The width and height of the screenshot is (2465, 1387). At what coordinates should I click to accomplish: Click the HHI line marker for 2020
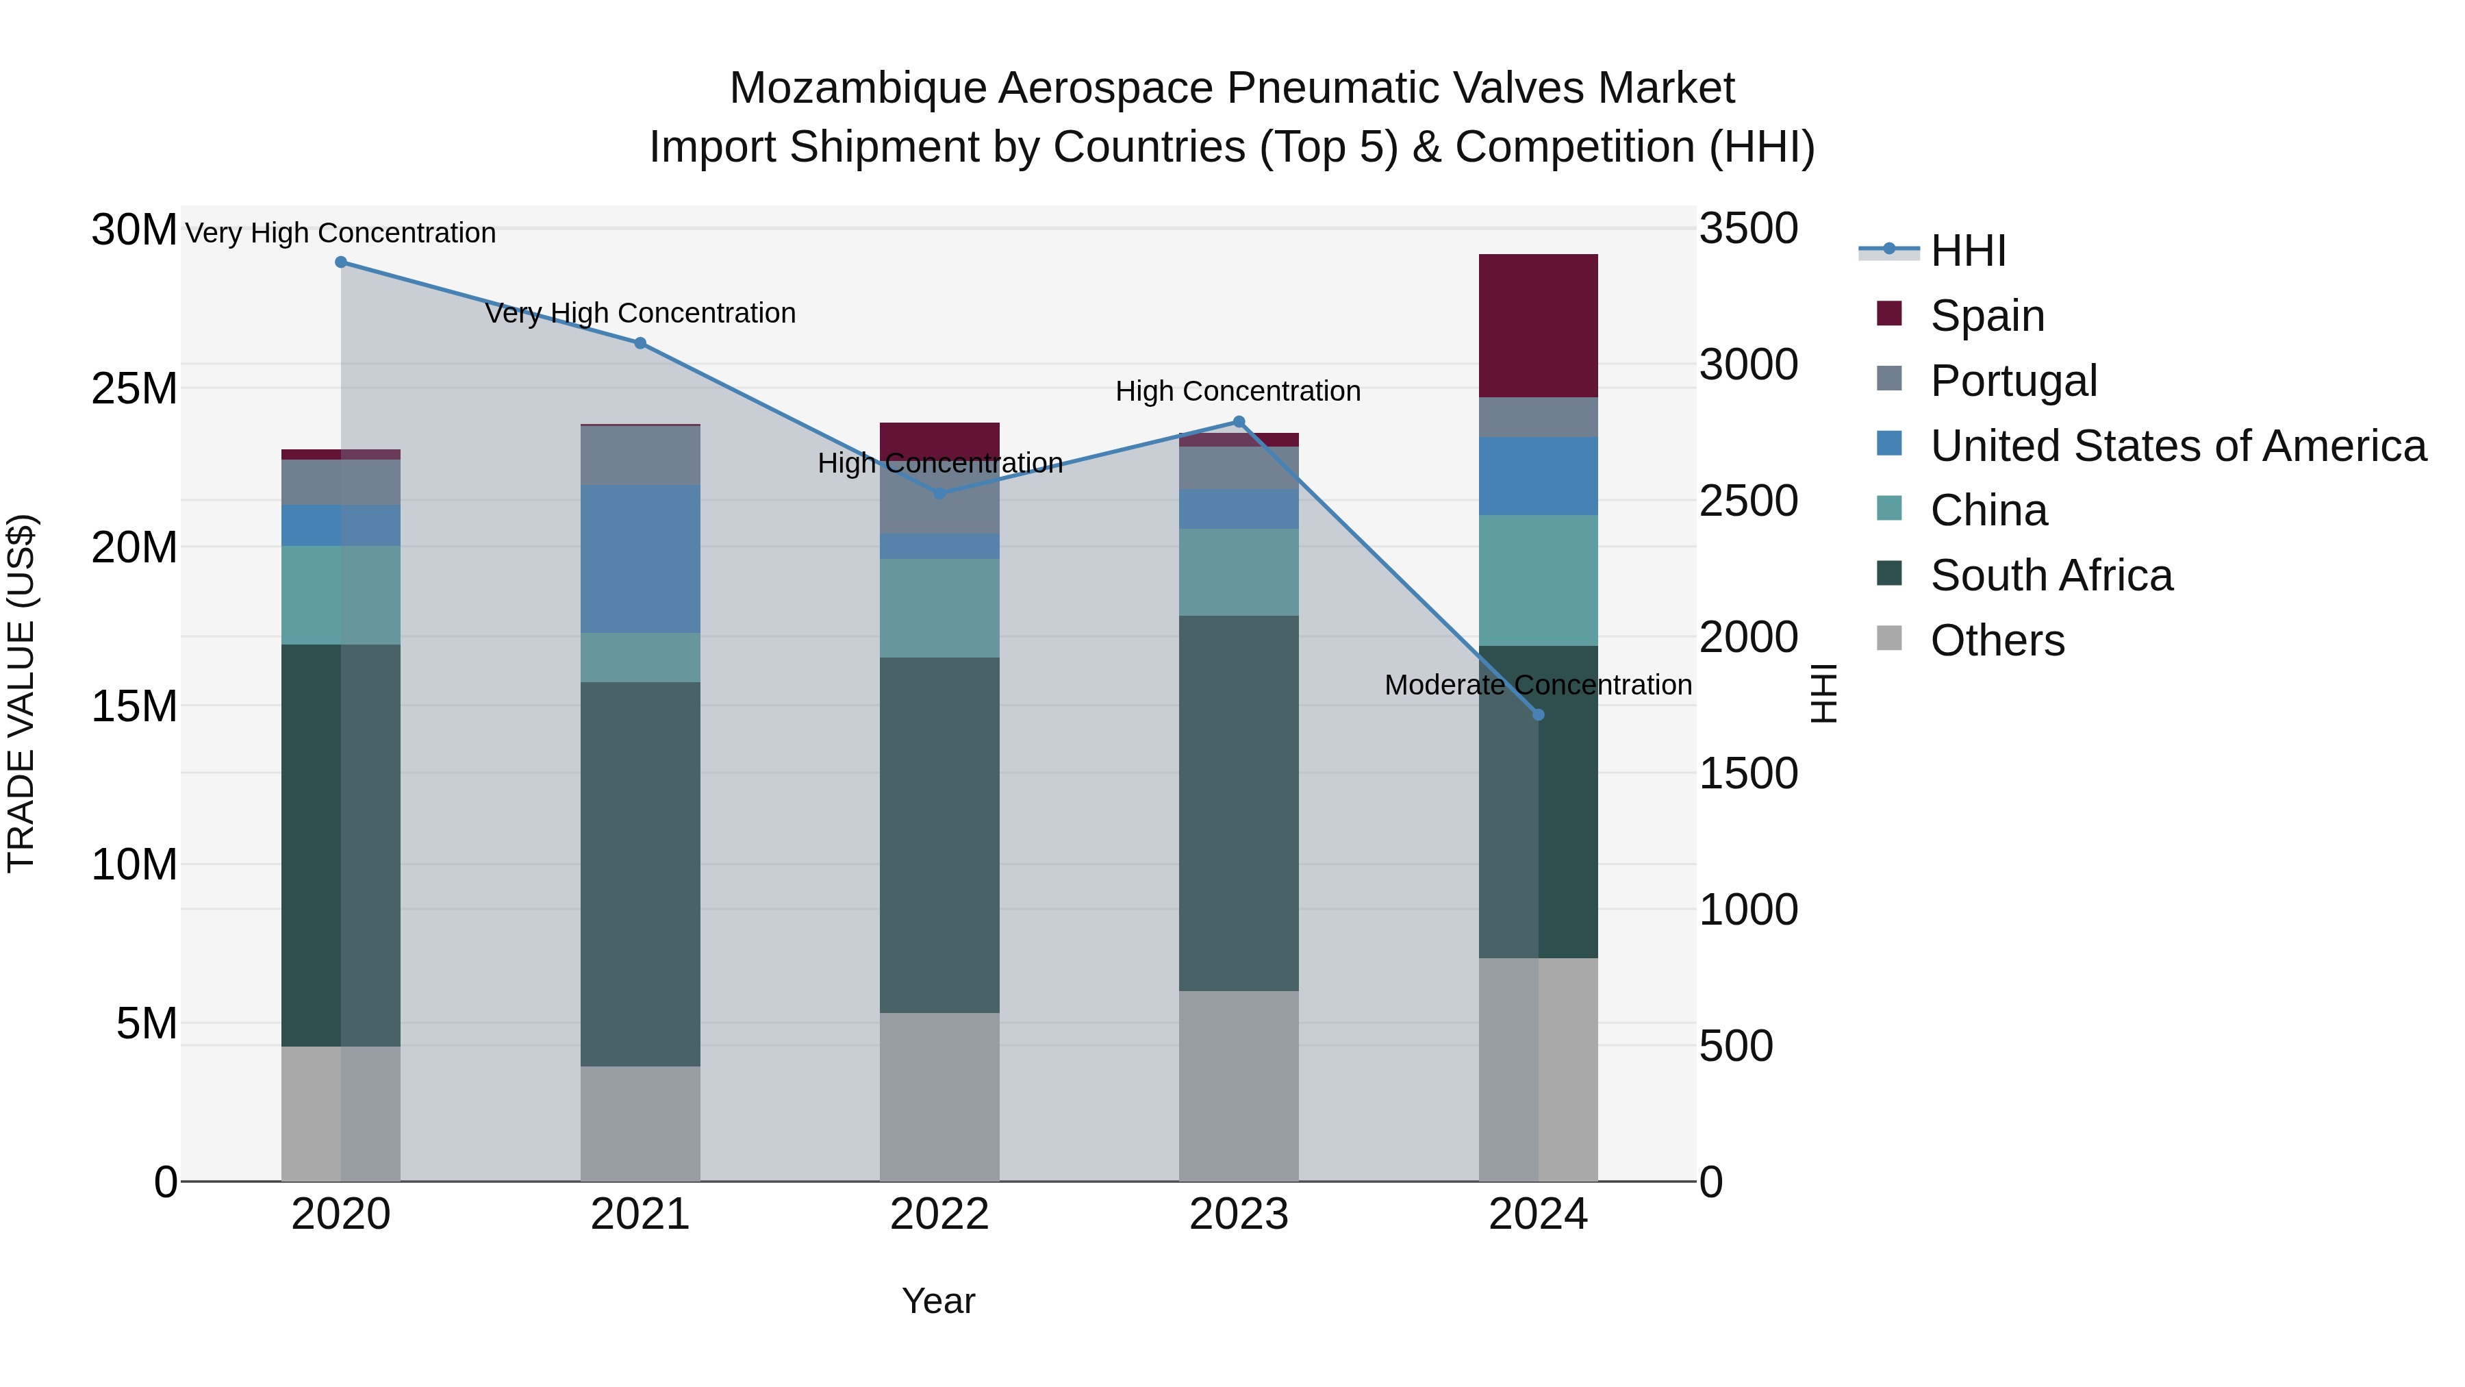tap(341, 262)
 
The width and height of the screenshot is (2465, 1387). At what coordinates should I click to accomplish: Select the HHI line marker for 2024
tap(1538, 715)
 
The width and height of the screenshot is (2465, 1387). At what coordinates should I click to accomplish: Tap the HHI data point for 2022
tap(939, 494)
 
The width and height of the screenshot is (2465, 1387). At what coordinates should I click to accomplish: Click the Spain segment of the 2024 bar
tap(1538, 325)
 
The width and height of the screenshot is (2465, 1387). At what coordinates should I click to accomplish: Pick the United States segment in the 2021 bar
tap(640, 559)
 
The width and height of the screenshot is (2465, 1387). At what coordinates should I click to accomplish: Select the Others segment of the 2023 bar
tap(1238, 1086)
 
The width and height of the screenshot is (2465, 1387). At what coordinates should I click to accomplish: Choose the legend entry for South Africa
tap(2051, 575)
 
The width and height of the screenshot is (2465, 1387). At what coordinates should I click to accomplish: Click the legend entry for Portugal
tap(2013, 380)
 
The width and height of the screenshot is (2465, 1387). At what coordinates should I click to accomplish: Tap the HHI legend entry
tap(1967, 251)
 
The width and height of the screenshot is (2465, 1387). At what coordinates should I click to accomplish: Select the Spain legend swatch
tap(1889, 314)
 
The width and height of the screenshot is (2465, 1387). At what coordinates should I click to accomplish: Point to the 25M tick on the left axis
tap(134, 388)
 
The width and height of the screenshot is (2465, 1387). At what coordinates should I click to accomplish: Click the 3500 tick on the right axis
tap(1747, 229)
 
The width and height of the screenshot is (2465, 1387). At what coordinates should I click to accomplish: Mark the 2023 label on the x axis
tap(1238, 1214)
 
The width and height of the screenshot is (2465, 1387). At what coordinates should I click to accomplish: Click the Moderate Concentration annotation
tap(1538, 686)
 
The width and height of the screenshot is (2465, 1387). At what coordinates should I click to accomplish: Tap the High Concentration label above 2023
tap(1237, 392)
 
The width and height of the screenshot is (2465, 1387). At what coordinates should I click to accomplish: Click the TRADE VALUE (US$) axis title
tap(21, 693)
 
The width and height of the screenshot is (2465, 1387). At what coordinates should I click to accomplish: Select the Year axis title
tap(938, 1301)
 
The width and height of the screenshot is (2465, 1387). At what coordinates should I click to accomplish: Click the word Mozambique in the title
tap(857, 88)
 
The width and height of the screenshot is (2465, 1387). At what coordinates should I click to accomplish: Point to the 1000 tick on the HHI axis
tap(1747, 910)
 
